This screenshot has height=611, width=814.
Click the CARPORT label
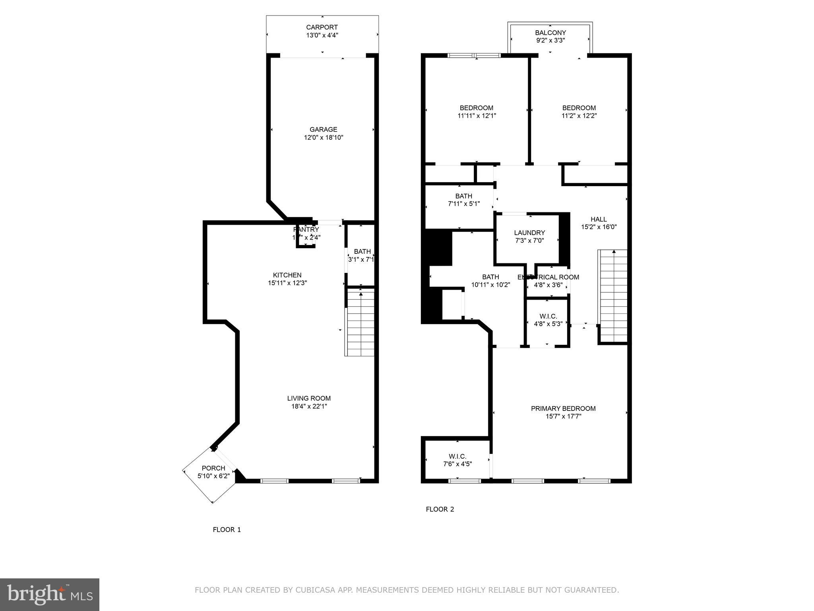[x=322, y=27]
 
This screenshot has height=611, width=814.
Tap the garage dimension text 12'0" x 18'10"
[x=323, y=138]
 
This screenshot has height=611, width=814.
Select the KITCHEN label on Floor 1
[x=287, y=275]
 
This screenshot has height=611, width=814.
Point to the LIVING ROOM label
[x=309, y=398]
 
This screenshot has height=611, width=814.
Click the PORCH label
[x=213, y=468]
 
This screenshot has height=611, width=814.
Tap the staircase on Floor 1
[x=360, y=322]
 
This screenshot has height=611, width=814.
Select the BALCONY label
[x=550, y=33]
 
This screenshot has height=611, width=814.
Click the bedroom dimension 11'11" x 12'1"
[x=477, y=116]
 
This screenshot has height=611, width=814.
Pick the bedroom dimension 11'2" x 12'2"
[x=579, y=116]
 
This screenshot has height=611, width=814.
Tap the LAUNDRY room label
[x=529, y=233]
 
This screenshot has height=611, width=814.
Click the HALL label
[x=599, y=219]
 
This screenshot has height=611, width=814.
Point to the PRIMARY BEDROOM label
[x=563, y=409]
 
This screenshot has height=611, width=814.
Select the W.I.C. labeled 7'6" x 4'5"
[x=457, y=460]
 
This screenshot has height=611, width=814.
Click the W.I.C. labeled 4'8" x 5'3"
[x=548, y=320]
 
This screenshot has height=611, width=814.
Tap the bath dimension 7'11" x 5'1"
[x=463, y=204]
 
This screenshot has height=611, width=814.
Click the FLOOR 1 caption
[x=227, y=529]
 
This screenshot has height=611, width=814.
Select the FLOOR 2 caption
[x=440, y=509]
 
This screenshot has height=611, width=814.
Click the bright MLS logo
[x=49, y=594]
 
